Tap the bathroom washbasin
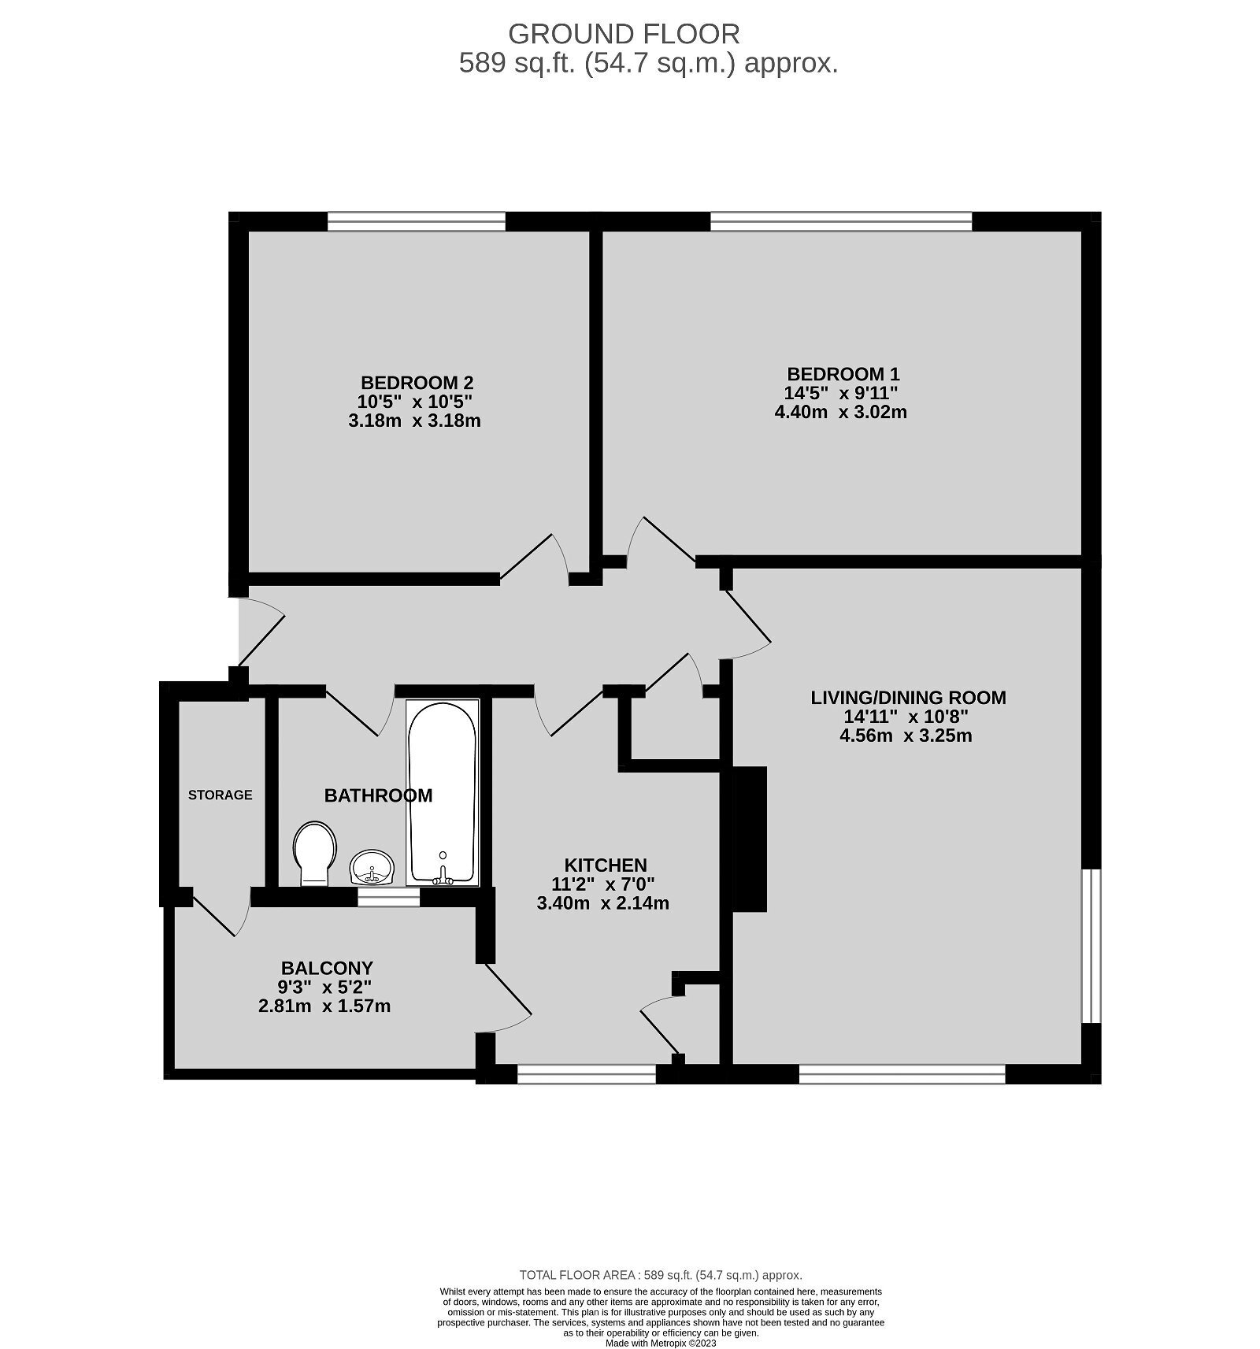(x=372, y=867)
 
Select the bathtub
(x=442, y=791)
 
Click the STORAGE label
(x=220, y=795)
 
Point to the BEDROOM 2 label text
(x=417, y=383)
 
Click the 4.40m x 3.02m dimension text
(x=841, y=412)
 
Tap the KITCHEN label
(x=605, y=865)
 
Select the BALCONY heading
(x=327, y=968)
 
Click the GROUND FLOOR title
(x=624, y=35)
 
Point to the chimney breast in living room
(x=750, y=839)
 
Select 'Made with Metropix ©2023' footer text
(x=661, y=1343)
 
